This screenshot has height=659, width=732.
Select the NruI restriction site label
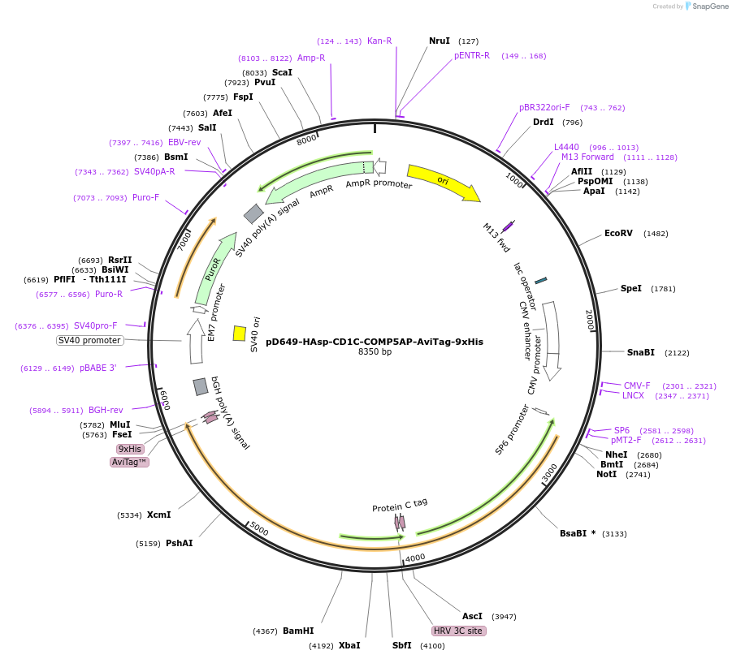(439, 41)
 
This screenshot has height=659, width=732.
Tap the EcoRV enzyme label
(618, 233)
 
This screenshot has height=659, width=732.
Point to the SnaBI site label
(640, 352)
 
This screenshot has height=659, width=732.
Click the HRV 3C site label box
(458, 631)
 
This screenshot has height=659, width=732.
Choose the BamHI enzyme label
(298, 631)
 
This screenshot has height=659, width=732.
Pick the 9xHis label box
(130, 449)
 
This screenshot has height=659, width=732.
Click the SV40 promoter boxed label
(90, 340)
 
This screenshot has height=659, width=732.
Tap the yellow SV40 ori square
(240, 334)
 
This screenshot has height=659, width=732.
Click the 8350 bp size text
(375, 352)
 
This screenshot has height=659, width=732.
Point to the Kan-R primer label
(379, 41)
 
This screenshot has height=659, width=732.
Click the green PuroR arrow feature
(211, 270)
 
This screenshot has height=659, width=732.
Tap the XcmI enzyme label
(158, 515)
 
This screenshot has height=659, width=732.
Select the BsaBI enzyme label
(578, 533)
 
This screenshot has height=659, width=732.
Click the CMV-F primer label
(637, 385)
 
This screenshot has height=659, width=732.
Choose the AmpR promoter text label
(379, 185)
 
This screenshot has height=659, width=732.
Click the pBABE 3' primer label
(97, 368)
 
